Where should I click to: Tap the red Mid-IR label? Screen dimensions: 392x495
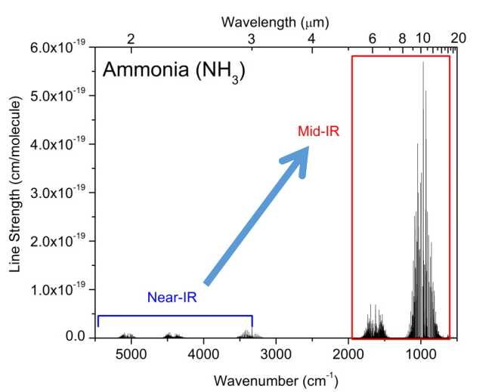[x=319, y=131]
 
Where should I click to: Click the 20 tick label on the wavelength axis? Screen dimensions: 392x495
[x=458, y=37]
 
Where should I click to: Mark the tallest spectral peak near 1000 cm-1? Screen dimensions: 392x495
[x=423, y=64]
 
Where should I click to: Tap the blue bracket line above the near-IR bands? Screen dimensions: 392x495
[x=175, y=316]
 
